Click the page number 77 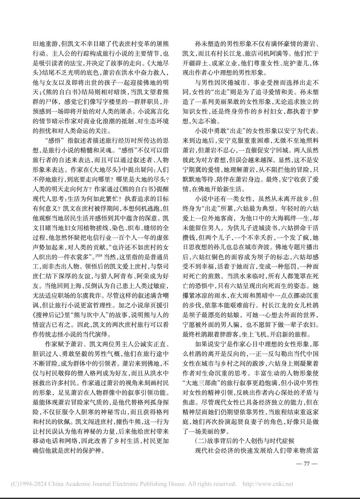307,464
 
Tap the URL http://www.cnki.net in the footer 268,484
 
